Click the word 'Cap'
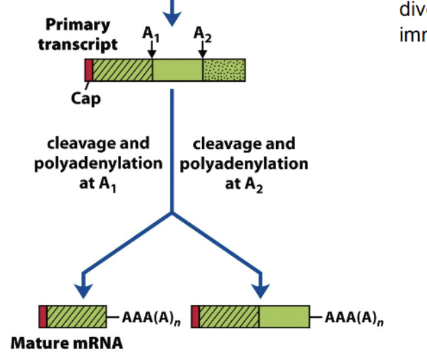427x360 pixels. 86,98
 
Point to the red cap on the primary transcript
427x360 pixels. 88,70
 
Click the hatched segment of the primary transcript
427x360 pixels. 122,70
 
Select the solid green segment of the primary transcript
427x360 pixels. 177,70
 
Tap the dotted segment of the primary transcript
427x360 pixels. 224,70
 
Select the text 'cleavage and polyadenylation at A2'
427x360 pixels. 243,164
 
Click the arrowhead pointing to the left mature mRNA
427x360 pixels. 83,289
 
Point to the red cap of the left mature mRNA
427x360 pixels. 44,317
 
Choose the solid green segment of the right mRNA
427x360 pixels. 284,317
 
